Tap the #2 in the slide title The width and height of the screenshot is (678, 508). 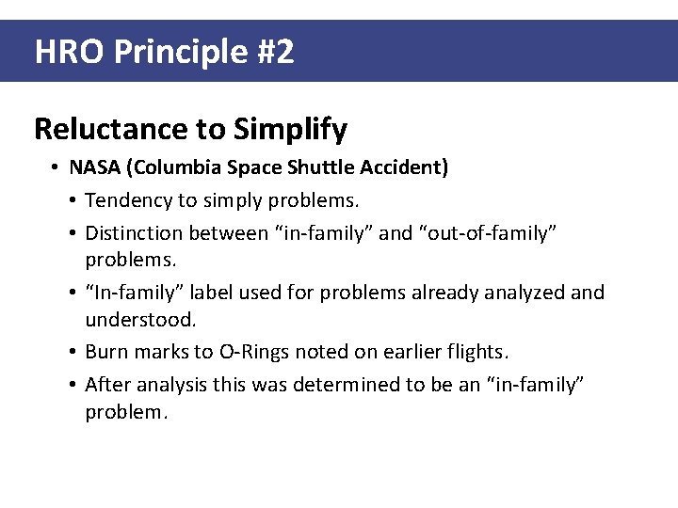pos(274,52)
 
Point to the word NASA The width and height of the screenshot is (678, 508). pos(94,167)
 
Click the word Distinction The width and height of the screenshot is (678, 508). pos(134,232)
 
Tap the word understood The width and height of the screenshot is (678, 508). pos(140,320)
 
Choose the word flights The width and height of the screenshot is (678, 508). pos(477,352)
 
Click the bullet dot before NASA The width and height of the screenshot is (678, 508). pos(56,168)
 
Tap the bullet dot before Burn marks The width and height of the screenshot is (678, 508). pos(73,353)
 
